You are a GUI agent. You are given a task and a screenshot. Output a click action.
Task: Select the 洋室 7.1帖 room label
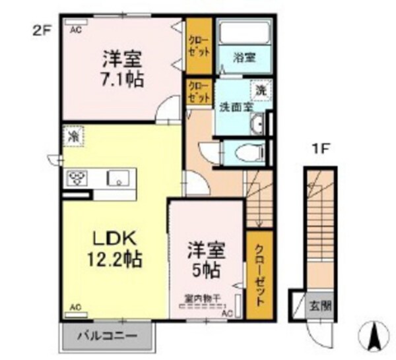(123, 68)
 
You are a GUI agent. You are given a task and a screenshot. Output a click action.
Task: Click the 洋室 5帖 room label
(207, 259)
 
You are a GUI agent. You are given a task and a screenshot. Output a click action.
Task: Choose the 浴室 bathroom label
(244, 57)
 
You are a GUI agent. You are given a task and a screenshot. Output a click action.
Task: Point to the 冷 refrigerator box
(72, 137)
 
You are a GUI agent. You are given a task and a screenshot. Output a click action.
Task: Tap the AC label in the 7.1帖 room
(75, 29)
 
